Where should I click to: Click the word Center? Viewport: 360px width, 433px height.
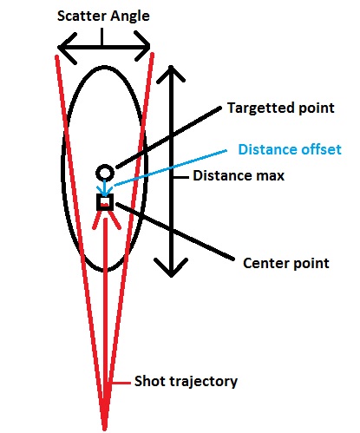266,263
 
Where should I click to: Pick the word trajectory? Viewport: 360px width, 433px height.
203,382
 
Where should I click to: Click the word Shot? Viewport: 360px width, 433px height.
150,381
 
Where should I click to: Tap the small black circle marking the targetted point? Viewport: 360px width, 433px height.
105,173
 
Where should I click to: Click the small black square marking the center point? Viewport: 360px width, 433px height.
105,201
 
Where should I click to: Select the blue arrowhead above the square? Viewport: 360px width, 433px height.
104,190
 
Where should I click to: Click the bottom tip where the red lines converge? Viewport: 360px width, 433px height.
105,429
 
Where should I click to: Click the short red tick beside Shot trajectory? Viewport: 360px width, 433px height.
121,383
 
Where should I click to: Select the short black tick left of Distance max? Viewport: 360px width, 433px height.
181,177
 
